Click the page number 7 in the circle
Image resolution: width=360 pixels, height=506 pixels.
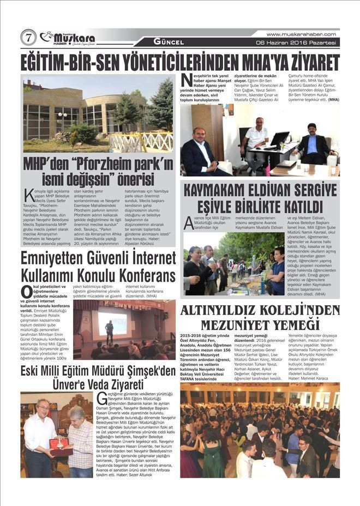tap(28, 38)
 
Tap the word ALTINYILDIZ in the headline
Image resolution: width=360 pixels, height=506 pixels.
tap(222, 311)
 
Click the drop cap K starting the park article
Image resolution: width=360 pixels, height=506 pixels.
tap(28, 195)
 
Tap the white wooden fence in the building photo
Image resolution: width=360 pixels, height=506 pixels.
tap(142, 143)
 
